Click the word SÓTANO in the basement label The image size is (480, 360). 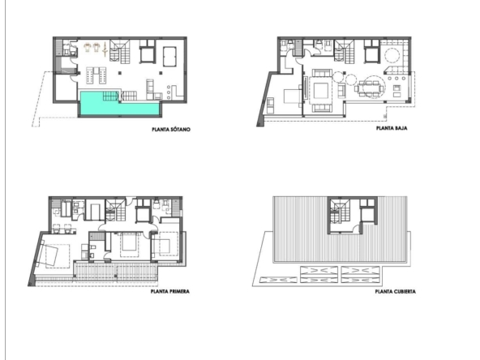point(180,130)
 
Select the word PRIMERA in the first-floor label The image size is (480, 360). point(178,291)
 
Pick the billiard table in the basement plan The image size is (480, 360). point(169,56)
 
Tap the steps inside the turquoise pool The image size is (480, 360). point(110,96)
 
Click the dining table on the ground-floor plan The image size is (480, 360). point(371,88)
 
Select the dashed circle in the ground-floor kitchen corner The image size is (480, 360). point(392,56)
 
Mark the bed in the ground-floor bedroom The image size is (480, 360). point(293,96)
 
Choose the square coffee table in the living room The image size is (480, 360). point(321,90)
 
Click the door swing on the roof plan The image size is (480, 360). point(357,229)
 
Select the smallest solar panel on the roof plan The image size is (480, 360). point(278,280)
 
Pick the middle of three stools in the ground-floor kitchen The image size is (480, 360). point(396,79)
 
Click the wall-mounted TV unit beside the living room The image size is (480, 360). point(305,88)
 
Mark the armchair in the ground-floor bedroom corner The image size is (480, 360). point(271,105)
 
